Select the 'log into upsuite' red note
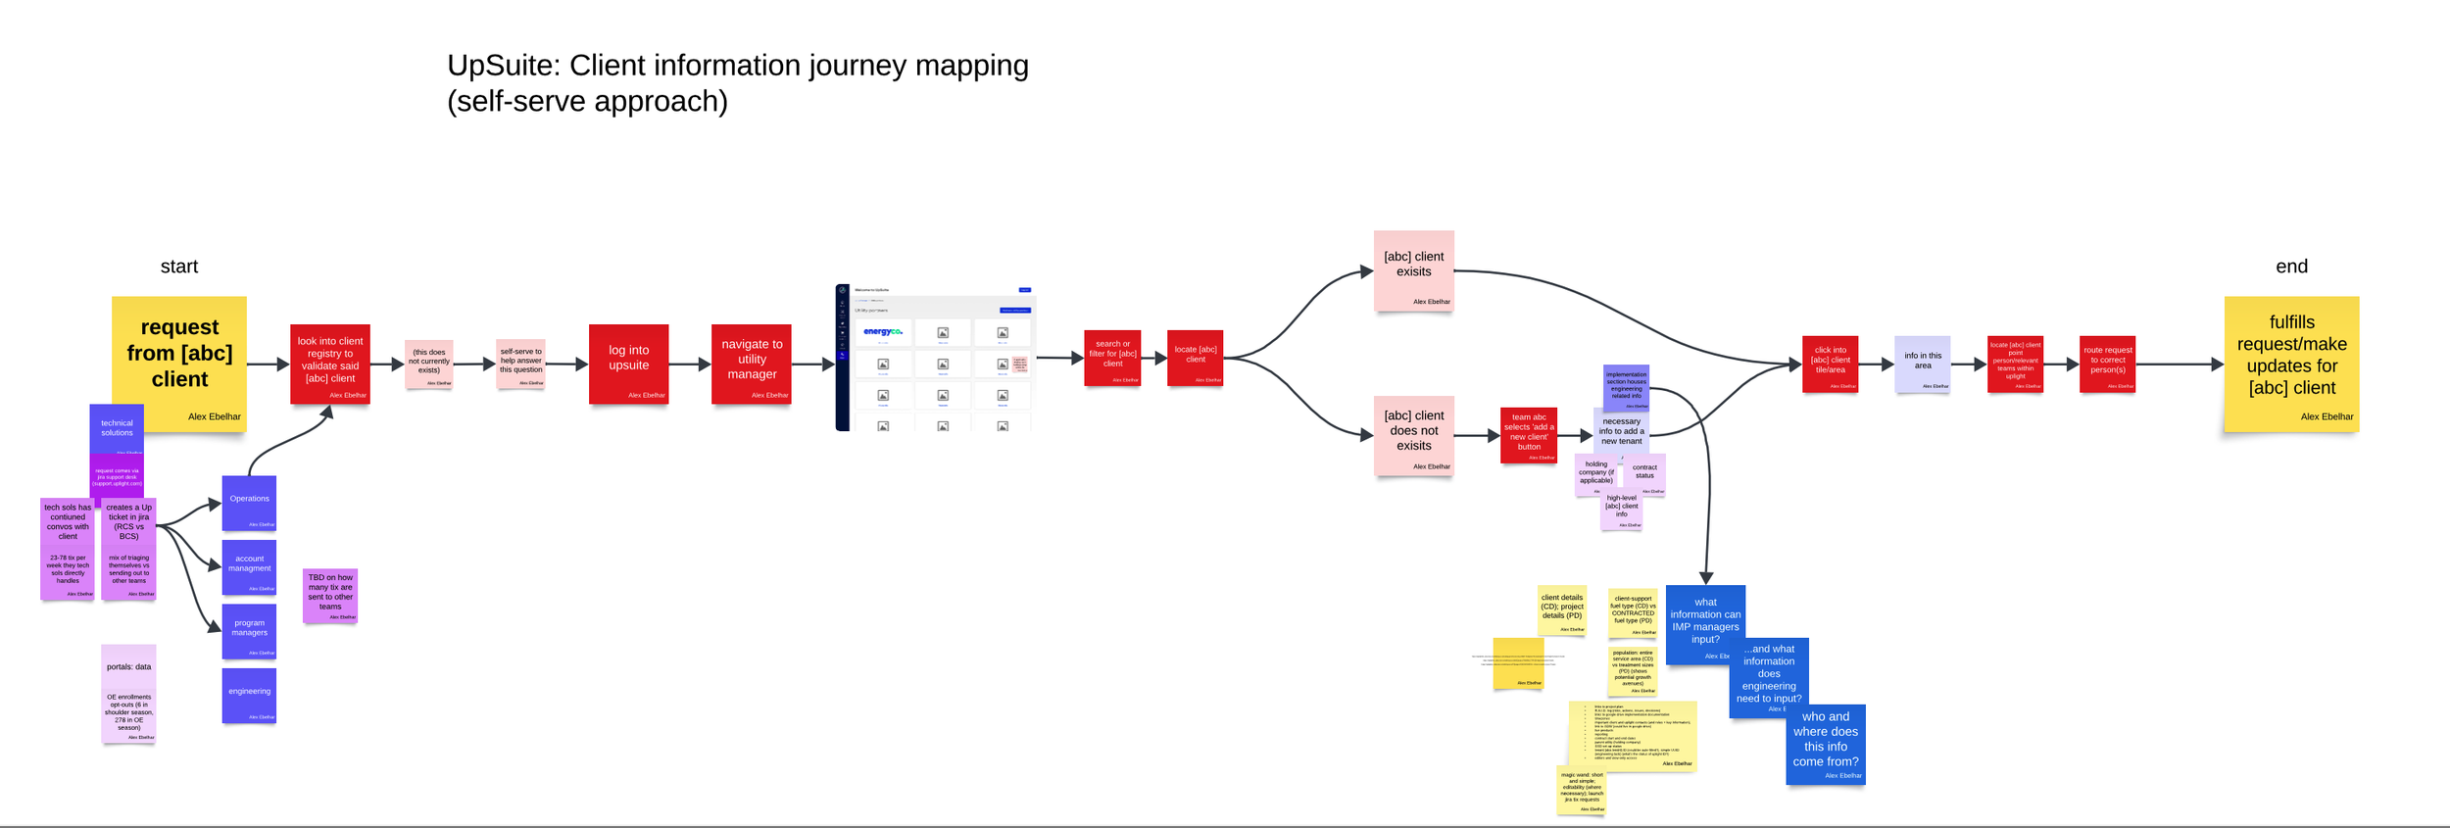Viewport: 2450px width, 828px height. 628,364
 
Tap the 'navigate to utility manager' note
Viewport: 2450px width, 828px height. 752,364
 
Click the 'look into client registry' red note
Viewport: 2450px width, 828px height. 330,364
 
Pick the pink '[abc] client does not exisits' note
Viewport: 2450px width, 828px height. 1413,435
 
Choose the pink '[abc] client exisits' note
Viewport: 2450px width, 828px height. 1413,270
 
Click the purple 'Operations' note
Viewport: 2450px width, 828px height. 249,503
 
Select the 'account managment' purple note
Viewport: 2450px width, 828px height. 249,566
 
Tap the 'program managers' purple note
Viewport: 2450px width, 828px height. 249,631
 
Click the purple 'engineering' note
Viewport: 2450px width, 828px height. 249,695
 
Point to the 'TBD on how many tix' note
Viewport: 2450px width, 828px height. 330,595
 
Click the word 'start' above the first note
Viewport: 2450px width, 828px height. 179,267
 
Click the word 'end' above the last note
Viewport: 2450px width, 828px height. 2291,267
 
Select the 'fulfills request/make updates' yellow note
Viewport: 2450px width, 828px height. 2291,363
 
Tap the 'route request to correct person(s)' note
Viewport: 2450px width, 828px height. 2107,364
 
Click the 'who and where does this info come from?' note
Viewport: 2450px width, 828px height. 1826,743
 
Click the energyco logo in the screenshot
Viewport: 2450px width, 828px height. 883,332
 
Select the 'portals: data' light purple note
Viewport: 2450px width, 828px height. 128,693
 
